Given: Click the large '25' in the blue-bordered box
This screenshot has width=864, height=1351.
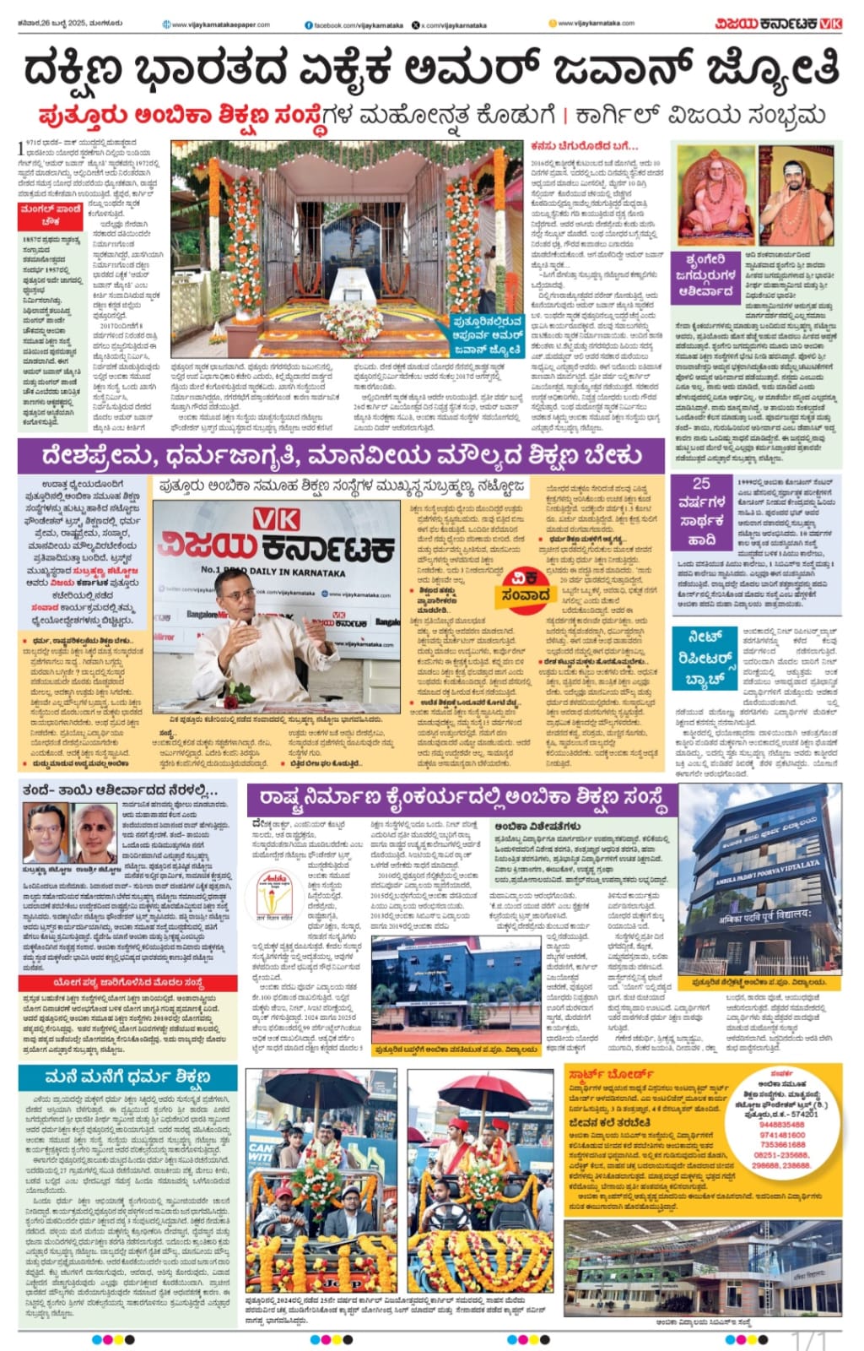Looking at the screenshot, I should click(701, 484).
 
